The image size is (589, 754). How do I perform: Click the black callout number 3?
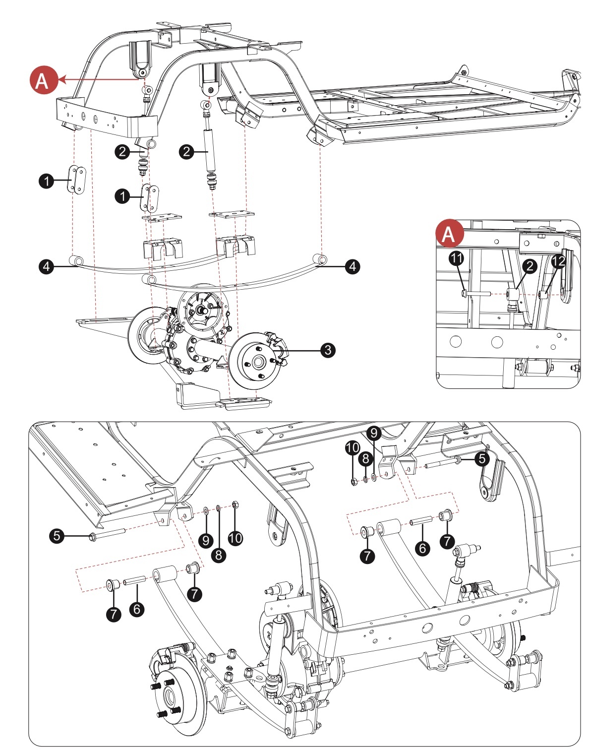(327, 350)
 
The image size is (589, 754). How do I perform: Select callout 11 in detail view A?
(456, 258)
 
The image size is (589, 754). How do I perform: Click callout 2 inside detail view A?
(530, 266)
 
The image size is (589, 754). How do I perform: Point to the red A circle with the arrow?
(42, 80)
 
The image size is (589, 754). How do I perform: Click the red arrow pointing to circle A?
(99, 79)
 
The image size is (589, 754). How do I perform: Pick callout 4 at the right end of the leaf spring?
(352, 266)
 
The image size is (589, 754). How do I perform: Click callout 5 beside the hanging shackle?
(482, 459)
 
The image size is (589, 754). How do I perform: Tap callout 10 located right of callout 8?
(236, 538)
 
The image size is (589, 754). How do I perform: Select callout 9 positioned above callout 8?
(374, 433)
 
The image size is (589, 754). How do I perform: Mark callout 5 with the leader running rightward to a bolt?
(57, 536)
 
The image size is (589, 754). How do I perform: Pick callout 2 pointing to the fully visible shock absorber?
(187, 151)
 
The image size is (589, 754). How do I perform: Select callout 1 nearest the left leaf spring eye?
(47, 181)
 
